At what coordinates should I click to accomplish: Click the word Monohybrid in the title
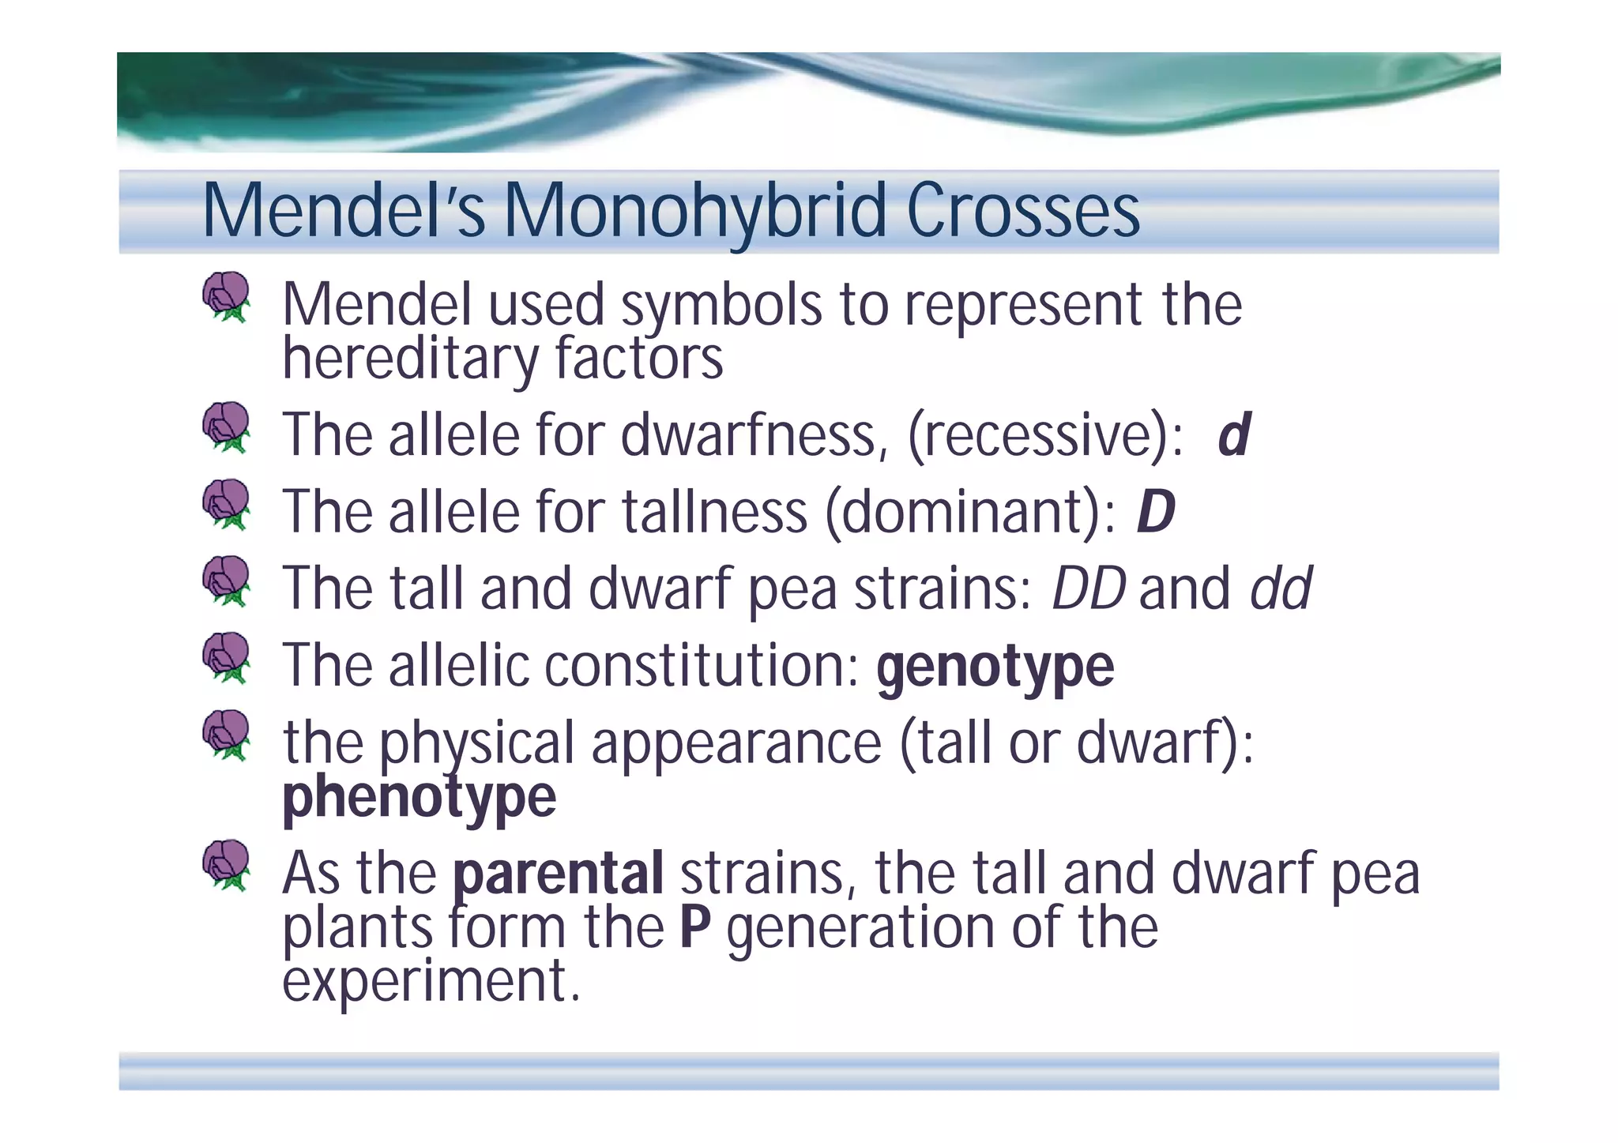(x=695, y=212)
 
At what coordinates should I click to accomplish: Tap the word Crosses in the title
(x=1023, y=212)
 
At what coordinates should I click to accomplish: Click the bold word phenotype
(x=419, y=798)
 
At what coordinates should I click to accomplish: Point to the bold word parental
(x=558, y=874)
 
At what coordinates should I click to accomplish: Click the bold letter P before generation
(x=694, y=927)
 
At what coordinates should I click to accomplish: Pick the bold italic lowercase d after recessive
(x=1233, y=435)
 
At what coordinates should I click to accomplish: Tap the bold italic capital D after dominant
(x=1155, y=512)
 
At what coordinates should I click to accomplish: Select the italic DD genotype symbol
(x=1088, y=589)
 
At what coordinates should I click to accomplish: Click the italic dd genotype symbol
(x=1280, y=589)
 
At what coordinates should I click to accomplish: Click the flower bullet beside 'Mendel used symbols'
(x=227, y=297)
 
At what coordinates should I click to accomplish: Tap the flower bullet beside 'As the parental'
(x=227, y=866)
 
